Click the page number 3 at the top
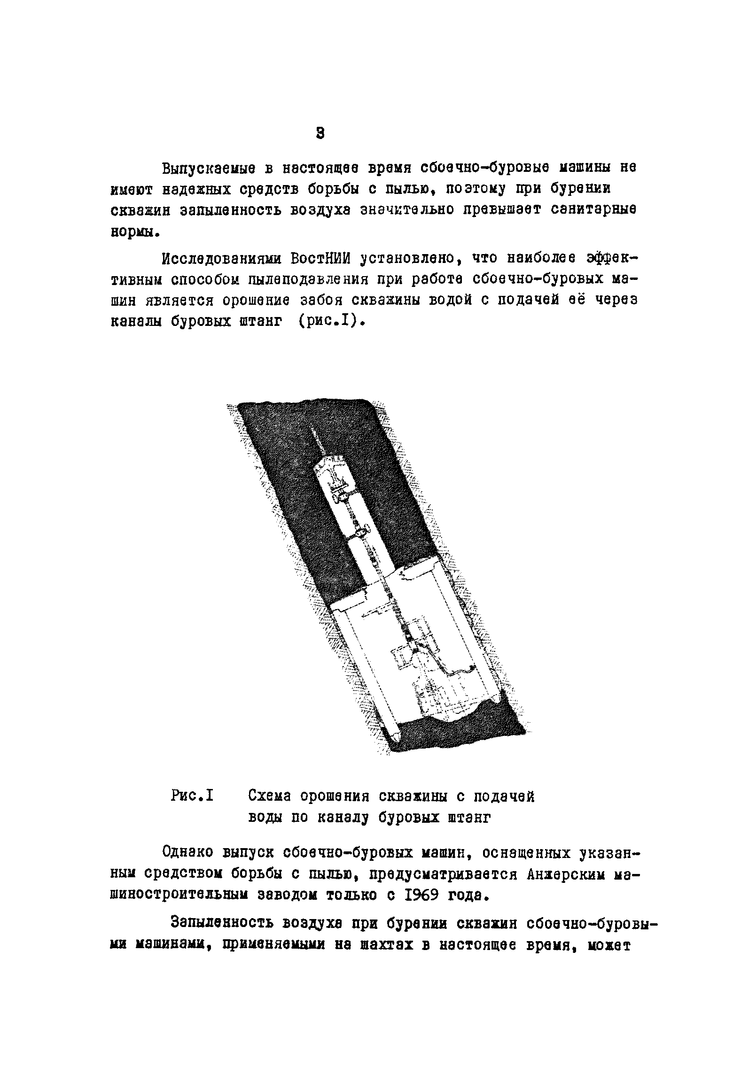(x=320, y=133)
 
